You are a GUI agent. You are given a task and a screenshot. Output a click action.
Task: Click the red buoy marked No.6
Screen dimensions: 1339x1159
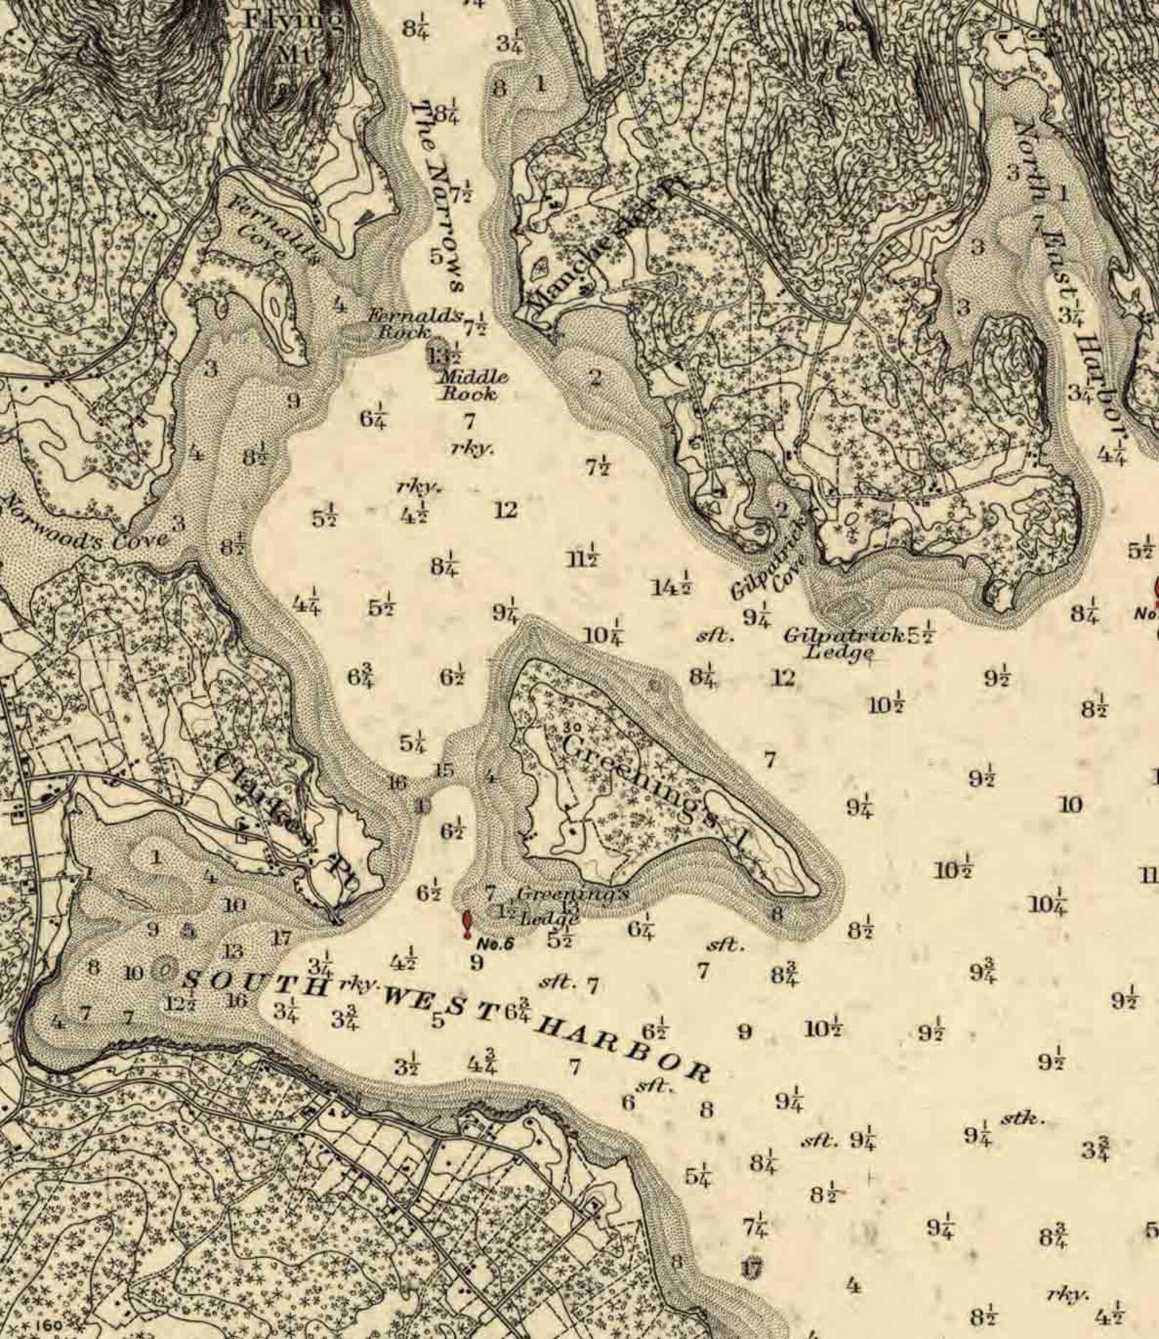466,923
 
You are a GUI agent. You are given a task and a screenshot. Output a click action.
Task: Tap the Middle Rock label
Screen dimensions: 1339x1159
471,385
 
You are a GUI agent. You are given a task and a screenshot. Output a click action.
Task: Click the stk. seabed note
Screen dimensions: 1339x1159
1023,1118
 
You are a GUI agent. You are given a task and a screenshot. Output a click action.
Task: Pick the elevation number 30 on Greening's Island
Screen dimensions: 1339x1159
572,727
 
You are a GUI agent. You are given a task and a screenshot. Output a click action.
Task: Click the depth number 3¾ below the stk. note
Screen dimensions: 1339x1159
1095,1148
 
